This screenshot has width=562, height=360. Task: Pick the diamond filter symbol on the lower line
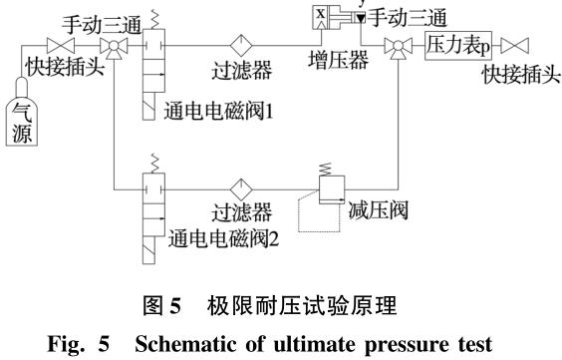click(240, 187)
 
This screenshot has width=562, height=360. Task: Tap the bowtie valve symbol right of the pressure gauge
click(514, 46)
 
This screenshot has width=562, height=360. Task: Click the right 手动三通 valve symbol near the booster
click(398, 46)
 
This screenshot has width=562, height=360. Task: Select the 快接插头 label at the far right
click(518, 75)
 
